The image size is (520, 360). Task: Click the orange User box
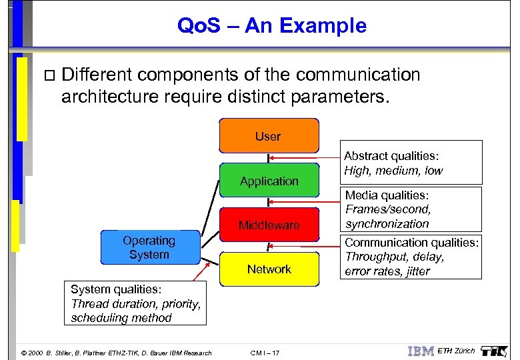tap(269, 136)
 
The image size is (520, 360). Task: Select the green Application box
tap(269, 181)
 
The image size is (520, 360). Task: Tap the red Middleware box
tap(269, 225)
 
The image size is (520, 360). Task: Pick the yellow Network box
tap(269, 269)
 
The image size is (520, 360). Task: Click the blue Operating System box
tap(149, 247)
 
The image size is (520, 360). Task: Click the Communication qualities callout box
tap(411, 257)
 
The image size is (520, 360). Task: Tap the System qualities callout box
tap(135, 303)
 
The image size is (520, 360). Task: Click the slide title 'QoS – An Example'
tap(271, 26)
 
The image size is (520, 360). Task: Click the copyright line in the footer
tap(116, 353)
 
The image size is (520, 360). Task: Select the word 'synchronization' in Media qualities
tap(387, 224)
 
